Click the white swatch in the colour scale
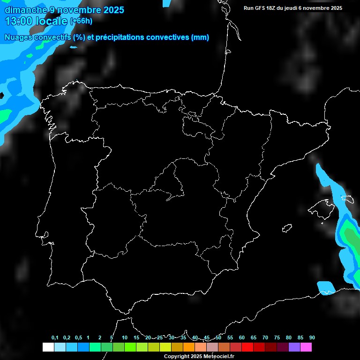click(48, 347)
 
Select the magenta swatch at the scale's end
click(306, 347)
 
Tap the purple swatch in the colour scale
click(294, 347)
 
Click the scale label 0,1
click(55, 338)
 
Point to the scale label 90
click(312, 338)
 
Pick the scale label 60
click(242, 338)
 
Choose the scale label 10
click(125, 338)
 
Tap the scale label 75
click(277, 338)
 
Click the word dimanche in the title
click(26, 10)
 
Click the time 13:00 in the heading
click(20, 21)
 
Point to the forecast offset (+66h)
click(81, 21)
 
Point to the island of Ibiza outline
click(287, 228)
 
